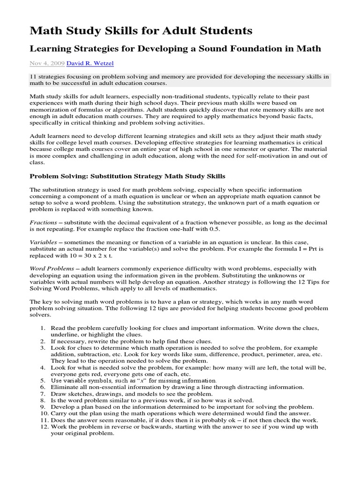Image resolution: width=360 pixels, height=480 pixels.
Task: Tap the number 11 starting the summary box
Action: coord(33,76)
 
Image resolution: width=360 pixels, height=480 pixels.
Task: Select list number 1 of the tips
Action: coord(42,329)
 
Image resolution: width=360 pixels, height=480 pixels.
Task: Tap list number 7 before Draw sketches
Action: coord(42,394)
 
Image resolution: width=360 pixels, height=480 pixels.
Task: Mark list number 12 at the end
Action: coord(41,427)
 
